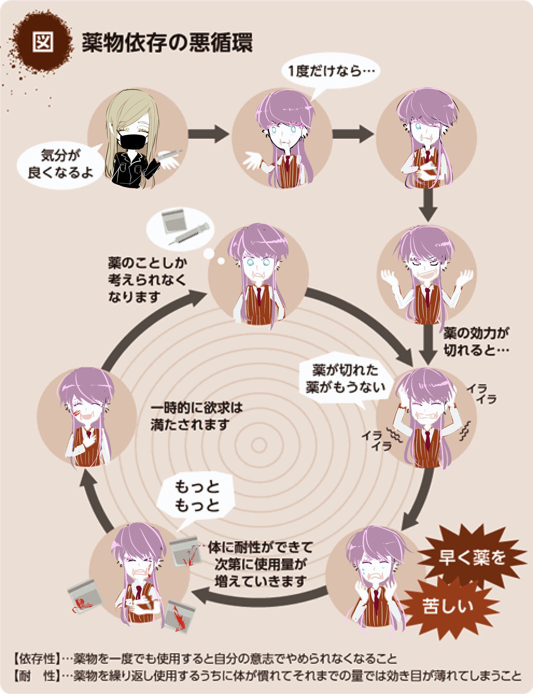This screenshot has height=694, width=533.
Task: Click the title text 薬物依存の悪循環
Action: tap(167, 43)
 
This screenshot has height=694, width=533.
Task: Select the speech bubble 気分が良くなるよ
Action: tap(60, 164)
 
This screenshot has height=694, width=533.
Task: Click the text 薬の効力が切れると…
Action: tap(476, 342)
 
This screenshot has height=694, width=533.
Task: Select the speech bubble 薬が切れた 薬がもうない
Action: tap(345, 379)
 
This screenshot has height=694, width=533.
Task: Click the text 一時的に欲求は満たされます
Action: tap(196, 416)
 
